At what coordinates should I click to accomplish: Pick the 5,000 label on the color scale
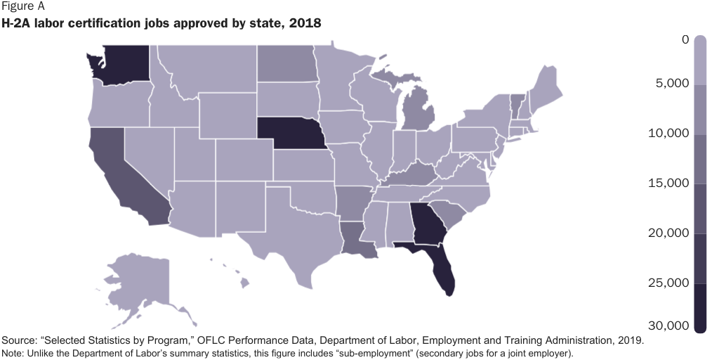671,84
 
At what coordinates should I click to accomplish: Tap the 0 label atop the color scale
685,40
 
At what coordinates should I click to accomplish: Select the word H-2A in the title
18,24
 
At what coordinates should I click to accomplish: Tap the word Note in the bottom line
12,353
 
